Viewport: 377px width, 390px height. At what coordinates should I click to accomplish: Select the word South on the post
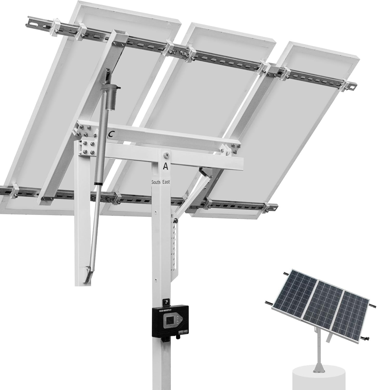click(156, 182)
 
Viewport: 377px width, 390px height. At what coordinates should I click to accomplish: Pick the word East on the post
click(166, 182)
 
